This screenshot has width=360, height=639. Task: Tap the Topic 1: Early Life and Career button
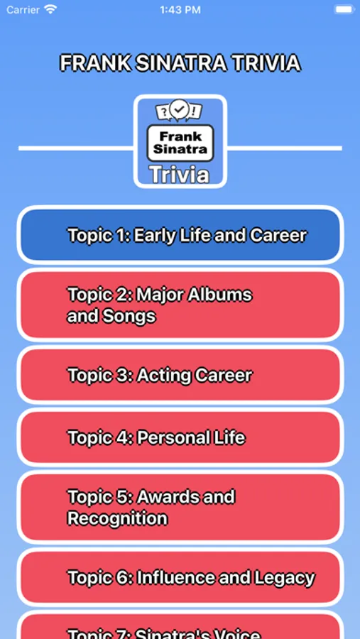(x=180, y=235)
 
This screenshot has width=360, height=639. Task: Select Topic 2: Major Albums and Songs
(x=180, y=305)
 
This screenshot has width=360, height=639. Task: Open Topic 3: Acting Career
(x=180, y=375)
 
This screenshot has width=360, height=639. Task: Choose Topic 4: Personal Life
(x=180, y=437)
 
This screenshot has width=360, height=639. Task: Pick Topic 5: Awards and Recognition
(x=180, y=507)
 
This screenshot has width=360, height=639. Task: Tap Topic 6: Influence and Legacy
(x=180, y=578)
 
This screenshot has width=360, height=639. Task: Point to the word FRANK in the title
(x=87, y=63)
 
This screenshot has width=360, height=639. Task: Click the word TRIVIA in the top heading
(x=266, y=63)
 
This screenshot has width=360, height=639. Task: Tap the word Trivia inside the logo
(x=180, y=174)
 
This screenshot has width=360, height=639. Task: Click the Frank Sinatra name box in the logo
(x=180, y=142)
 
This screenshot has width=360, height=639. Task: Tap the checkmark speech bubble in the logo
(x=180, y=109)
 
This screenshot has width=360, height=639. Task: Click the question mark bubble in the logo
(x=163, y=111)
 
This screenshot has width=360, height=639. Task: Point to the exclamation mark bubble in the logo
(x=196, y=111)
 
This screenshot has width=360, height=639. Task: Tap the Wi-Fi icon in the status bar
(x=50, y=10)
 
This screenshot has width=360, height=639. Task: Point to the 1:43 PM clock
(x=180, y=10)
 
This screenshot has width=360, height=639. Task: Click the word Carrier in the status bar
(x=23, y=10)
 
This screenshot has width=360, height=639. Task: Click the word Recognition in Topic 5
(x=117, y=518)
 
